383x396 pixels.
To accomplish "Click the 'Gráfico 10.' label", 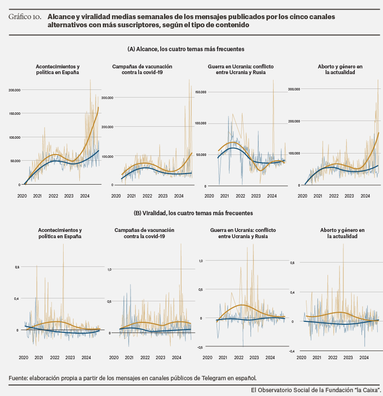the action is (25, 17).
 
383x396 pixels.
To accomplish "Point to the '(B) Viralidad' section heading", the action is (150, 213).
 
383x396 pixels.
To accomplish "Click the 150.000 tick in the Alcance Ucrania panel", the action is (201, 92).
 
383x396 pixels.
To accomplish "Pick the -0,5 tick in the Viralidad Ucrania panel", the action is (200, 348).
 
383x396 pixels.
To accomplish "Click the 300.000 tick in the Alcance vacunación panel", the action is (107, 98).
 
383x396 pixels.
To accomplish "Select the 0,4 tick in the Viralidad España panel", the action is (16, 298).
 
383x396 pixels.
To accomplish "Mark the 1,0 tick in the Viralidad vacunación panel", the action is (109, 269).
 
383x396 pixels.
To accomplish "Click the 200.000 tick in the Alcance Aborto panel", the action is (294, 121).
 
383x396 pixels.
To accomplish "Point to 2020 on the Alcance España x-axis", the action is (22, 196).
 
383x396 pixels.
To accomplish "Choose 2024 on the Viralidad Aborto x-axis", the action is (364, 358).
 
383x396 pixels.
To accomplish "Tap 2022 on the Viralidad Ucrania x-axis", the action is (239, 358).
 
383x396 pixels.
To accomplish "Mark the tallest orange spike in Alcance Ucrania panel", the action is (273, 80).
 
